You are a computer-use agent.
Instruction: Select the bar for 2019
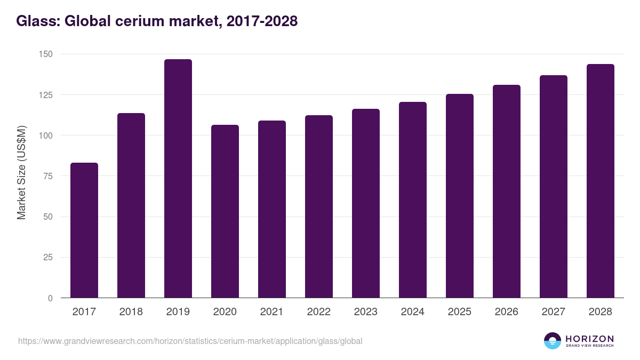coord(178,179)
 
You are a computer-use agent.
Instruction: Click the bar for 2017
coord(84,230)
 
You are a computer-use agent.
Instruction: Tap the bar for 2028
coord(600,181)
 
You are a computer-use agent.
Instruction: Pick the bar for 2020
coord(225,211)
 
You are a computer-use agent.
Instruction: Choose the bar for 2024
coord(412,200)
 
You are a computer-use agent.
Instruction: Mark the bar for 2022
coord(318,206)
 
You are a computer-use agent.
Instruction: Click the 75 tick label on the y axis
coord(47,176)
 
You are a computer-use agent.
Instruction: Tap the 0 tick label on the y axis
coord(50,298)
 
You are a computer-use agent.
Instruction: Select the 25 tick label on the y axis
coord(47,258)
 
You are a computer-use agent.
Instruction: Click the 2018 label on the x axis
coord(131,312)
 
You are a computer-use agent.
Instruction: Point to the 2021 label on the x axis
coord(271,312)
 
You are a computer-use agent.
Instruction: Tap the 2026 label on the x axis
coord(506,312)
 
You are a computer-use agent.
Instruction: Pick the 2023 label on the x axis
coord(365,312)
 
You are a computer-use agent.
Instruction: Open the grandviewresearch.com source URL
coord(190,341)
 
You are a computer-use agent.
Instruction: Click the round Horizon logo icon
coord(552,341)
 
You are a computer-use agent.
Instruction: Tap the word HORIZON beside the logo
coord(589,339)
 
